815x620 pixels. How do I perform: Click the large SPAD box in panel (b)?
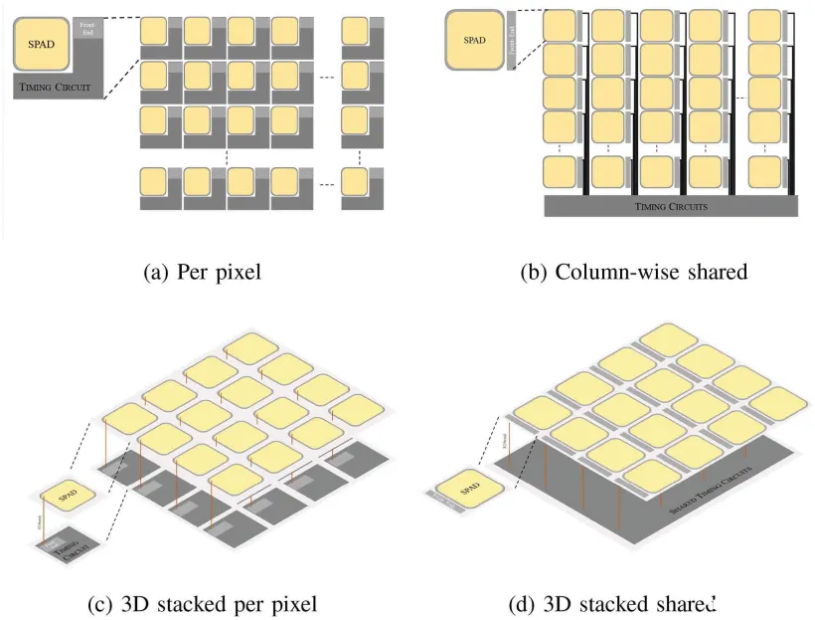click(x=474, y=41)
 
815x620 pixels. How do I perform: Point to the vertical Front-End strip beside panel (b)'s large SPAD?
click(x=512, y=41)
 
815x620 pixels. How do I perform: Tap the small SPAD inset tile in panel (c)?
click(x=67, y=495)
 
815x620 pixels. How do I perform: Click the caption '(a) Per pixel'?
click(x=204, y=272)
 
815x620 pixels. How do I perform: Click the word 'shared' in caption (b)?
click(x=713, y=272)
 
